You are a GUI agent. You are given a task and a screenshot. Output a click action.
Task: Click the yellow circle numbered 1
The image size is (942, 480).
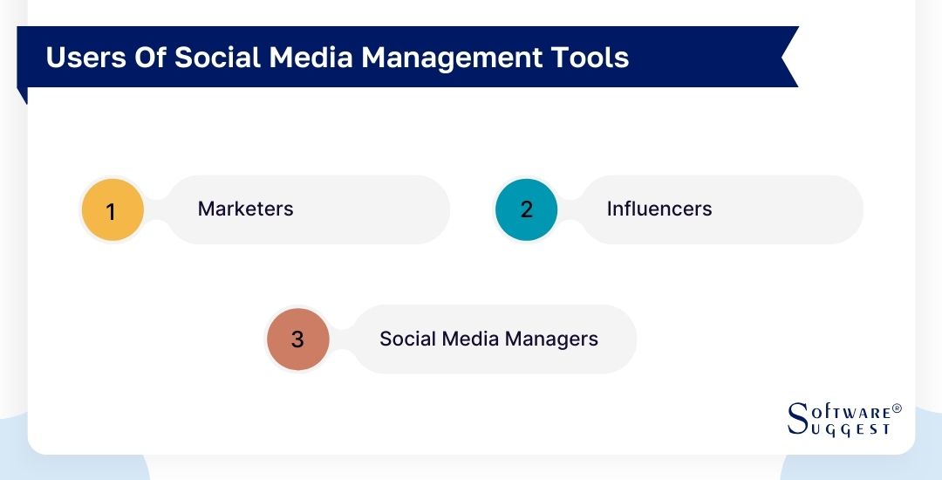pos(112,210)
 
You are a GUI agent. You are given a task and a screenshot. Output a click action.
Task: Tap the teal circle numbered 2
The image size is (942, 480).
pos(526,209)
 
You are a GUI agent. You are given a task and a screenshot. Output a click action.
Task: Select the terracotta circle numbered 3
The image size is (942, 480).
pos(297,339)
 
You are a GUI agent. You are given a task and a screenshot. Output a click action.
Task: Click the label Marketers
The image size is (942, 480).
pos(245,209)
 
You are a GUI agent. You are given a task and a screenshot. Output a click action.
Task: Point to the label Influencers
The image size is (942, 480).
pos(659,209)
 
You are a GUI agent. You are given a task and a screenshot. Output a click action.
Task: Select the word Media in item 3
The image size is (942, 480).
pos(471,339)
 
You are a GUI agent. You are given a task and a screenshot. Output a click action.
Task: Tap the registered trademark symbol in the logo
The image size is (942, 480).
pos(898,408)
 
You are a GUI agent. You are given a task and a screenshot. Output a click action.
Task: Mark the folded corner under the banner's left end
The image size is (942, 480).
pos(23,95)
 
